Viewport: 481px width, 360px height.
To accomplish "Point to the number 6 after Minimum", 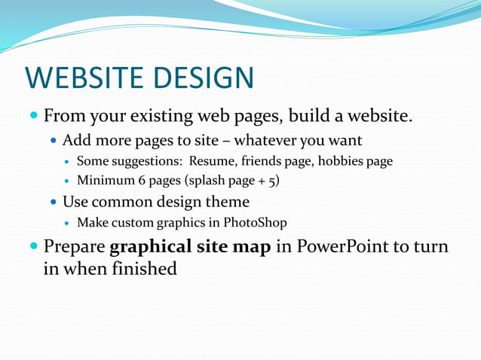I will pyautogui.click(x=142, y=182).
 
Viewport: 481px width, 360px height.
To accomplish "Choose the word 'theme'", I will pyautogui.click(x=228, y=202).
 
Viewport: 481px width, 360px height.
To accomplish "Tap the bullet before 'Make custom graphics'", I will pyautogui.click(x=68, y=223).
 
